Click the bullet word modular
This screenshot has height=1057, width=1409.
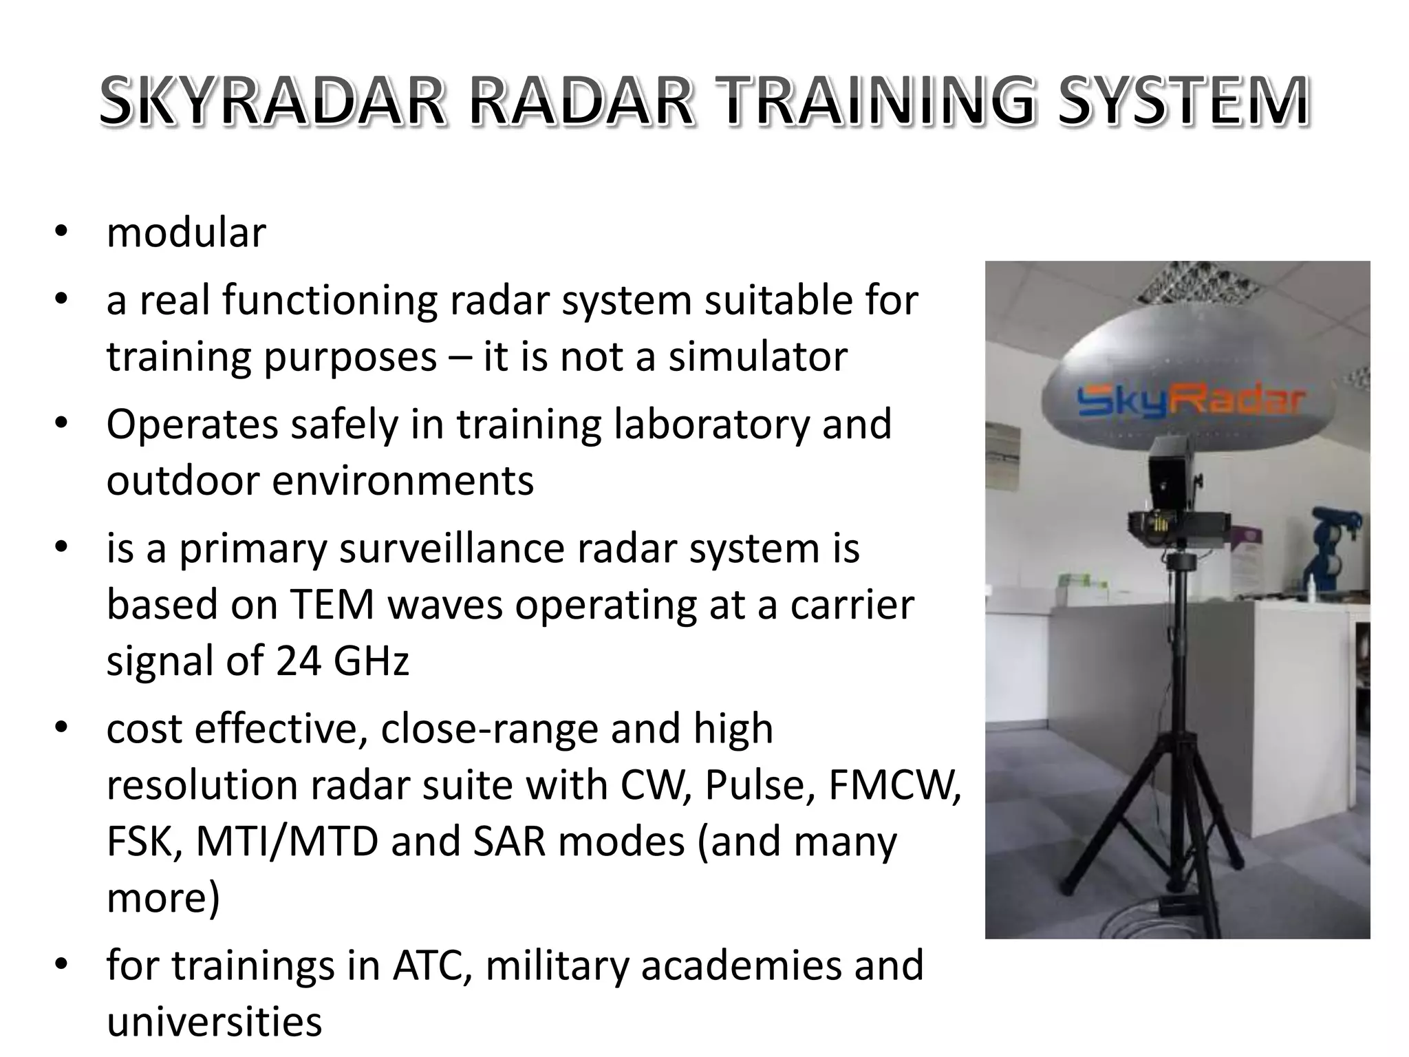click(186, 233)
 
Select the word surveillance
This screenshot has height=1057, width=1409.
click(462, 548)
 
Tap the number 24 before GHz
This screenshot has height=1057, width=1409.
click(299, 661)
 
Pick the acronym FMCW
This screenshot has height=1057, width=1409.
click(894, 785)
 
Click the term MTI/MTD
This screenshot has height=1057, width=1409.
click(287, 842)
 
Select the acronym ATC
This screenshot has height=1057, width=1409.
click(426, 965)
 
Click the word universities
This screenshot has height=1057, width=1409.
click(214, 1022)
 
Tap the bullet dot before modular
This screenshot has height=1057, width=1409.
click(61, 233)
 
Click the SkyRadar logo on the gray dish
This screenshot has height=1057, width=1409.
click(1190, 401)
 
